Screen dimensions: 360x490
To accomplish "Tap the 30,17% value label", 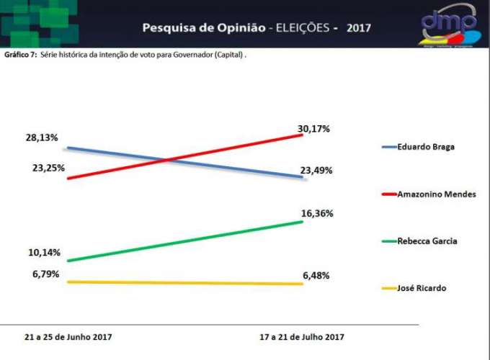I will [x=313, y=129].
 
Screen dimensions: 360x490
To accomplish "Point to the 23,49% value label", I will [x=316, y=171].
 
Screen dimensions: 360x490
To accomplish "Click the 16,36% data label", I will [x=316, y=213].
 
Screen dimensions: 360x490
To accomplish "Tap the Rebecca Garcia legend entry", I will [x=427, y=241].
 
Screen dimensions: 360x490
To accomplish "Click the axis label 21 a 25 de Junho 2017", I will [x=63, y=337].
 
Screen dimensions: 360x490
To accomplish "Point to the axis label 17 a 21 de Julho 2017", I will [x=302, y=337].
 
